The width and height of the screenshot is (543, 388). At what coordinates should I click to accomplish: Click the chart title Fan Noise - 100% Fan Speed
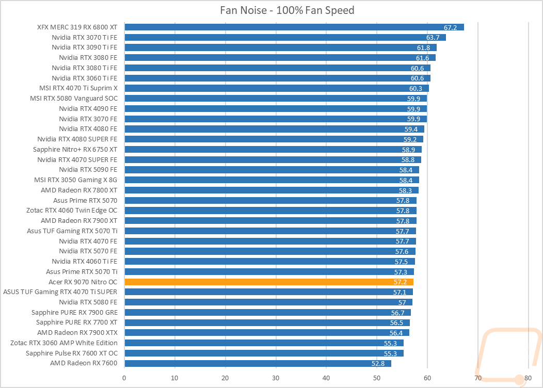[287, 10]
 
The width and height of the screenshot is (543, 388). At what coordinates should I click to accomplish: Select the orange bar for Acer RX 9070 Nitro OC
[269, 282]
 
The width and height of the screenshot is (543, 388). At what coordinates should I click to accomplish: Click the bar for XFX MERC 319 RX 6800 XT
[294, 27]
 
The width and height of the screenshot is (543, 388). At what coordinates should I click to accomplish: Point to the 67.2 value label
[450, 27]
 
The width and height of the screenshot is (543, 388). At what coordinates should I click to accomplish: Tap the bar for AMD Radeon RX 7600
[258, 363]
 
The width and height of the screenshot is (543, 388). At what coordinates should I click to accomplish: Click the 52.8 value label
[378, 363]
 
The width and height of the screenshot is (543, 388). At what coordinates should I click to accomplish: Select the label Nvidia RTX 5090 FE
[88, 170]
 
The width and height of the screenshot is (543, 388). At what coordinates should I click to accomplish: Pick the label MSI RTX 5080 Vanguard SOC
[74, 99]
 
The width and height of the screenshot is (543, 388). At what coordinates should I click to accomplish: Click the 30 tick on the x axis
[276, 378]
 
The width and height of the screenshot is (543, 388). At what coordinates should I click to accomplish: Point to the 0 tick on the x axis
[124, 378]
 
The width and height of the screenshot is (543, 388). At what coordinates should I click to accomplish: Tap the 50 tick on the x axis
[377, 378]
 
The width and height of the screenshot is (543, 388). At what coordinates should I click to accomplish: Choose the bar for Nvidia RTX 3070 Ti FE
[285, 37]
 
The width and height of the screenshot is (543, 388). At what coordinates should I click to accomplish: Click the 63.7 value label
[433, 37]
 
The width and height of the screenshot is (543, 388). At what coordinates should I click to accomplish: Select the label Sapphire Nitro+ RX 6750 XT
[75, 150]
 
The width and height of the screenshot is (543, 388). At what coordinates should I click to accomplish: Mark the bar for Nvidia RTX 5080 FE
[268, 302]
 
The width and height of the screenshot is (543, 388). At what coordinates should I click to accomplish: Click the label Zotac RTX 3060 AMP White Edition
[63, 343]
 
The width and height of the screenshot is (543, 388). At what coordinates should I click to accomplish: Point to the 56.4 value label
[396, 333]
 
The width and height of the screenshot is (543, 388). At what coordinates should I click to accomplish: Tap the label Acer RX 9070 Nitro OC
[83, 282]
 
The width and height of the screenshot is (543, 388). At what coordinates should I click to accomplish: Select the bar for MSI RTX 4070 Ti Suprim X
[277, 88]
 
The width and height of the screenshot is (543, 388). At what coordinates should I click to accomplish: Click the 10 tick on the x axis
[174, 378]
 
